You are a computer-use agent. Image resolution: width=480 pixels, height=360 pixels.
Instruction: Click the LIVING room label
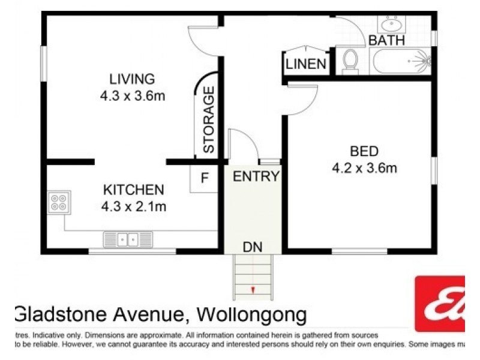(x=131, y=79)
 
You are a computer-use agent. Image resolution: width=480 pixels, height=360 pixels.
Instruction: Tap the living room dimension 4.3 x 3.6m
(x=133, y=96)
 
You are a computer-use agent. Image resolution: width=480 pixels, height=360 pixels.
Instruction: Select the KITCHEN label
(x=133, y=190)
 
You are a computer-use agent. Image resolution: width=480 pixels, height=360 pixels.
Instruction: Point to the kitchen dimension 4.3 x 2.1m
(x=133, y=207)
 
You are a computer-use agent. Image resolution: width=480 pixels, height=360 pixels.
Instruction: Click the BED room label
(x=364, y=151)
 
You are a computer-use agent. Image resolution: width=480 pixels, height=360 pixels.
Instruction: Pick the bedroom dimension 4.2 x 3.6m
(x=364, y=168)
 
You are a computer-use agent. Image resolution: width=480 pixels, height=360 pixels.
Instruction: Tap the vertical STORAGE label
(x=208, y=119)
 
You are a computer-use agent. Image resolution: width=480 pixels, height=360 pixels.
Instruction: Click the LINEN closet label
(x=306, y=64)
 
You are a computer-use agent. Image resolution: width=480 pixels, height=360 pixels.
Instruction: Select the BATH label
(x=386, y=41)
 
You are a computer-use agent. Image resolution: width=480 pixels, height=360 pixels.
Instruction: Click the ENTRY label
(x=256, y=176)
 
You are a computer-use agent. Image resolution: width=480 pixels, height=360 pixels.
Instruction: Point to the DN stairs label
(x=253, y=247)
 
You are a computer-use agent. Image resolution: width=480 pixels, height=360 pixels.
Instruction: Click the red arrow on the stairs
(x=253, y=290)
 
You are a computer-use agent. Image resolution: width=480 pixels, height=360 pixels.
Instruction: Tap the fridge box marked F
(x=204, y=178)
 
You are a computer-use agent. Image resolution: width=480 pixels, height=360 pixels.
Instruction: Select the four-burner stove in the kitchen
(x=59, y=203)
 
